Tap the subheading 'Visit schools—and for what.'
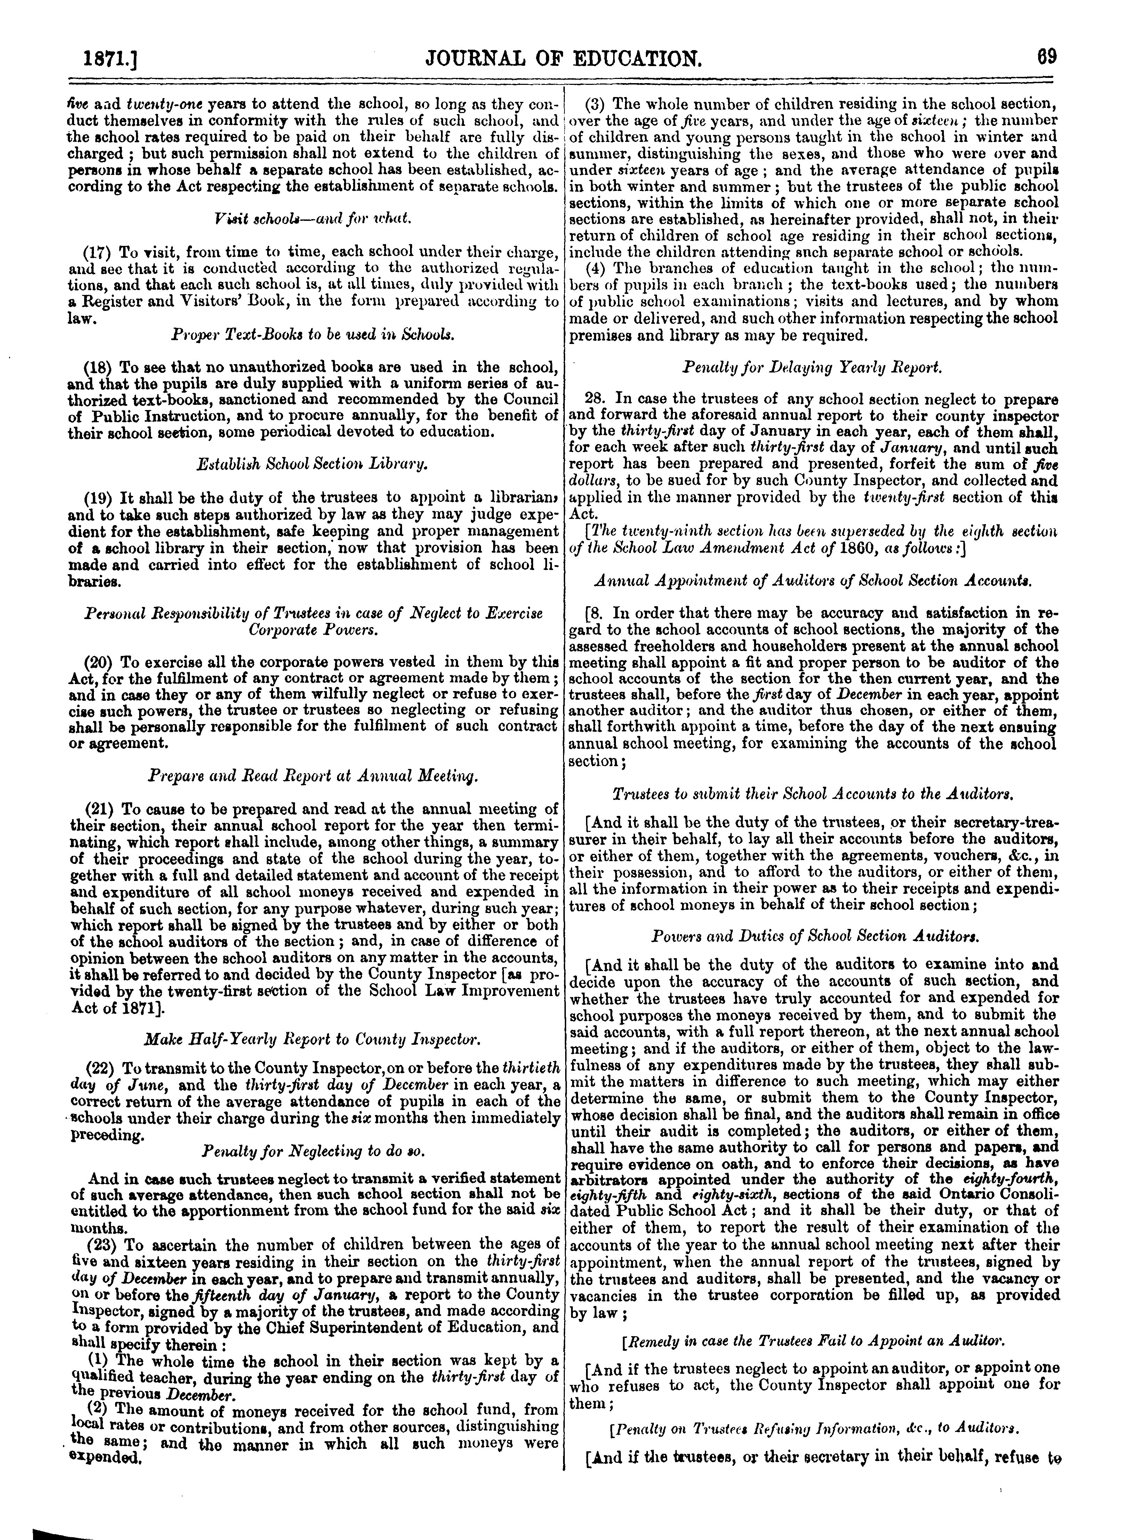314,219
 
